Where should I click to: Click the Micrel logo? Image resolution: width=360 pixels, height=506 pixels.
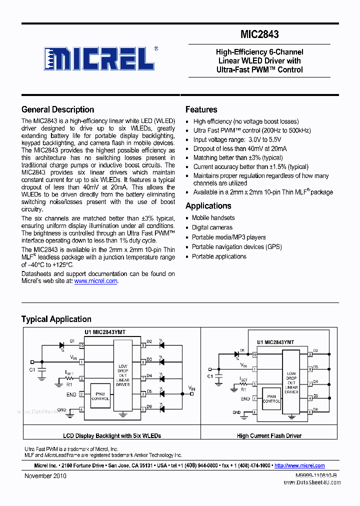(98, 58)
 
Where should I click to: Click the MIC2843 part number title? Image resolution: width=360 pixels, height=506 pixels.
(259, 34)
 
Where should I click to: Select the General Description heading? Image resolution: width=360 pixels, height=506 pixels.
(57, 109)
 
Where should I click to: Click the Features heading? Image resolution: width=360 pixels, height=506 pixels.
(201, 109)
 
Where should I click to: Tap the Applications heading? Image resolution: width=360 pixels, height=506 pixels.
(208, 206)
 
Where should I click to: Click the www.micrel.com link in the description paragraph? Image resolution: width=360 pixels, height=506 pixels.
(96, 281)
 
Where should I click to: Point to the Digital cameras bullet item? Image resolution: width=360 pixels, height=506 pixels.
(212, 227)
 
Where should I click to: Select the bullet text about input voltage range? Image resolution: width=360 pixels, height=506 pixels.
(237, 139)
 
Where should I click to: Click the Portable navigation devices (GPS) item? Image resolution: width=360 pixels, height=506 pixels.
(236, 247)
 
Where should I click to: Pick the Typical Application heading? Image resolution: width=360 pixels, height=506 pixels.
(56, 319)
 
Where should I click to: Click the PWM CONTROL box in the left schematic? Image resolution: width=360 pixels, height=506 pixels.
(100, 396)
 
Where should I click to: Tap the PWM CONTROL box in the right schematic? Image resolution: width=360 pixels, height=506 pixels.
(271, 398)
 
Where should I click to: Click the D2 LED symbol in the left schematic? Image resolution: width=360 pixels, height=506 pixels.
(161, 345)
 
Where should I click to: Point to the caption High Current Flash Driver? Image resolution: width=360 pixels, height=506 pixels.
(269, 436)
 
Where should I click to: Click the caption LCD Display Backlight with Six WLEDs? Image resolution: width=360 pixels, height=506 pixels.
(112, 436)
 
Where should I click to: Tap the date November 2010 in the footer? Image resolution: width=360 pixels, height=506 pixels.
(45, 476)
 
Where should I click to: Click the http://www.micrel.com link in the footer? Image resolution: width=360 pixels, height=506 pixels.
(299, 465)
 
